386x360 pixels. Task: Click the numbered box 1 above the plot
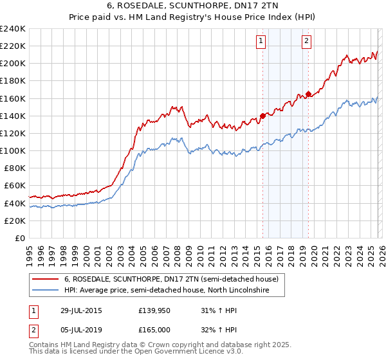click(261, 41)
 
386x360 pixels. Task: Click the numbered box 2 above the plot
click(307, 41)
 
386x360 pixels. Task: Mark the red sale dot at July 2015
click(262, 116)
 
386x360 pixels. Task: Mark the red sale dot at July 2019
click(308, 94)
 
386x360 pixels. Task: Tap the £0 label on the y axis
click(19, 238)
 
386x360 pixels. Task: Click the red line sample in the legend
click(45, 280)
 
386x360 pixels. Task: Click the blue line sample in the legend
click(45, 291)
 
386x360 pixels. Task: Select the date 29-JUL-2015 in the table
click(87, 310)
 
